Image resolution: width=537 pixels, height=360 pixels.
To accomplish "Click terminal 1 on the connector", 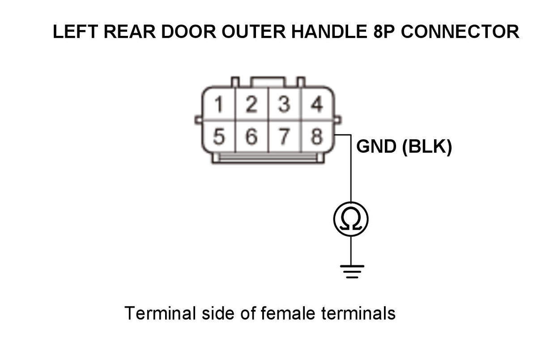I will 218,105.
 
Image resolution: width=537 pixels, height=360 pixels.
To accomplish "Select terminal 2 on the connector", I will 252,105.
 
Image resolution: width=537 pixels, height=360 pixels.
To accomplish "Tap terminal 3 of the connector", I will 284,105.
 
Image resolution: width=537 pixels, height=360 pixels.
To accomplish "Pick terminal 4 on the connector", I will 316,105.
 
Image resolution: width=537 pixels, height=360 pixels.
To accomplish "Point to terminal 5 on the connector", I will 218,137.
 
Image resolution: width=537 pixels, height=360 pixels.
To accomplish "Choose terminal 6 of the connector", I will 252,137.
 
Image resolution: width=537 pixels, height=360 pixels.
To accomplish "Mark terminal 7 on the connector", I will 284,137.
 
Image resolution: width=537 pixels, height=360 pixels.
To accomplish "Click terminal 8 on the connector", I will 316,137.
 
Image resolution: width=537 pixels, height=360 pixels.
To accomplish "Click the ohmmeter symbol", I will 351,219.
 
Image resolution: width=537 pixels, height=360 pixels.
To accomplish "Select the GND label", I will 376,147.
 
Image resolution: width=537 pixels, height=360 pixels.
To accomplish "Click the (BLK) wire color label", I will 427,147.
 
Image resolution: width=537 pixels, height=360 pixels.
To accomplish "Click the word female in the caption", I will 288,313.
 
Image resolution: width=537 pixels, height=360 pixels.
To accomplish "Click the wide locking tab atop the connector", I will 268,82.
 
